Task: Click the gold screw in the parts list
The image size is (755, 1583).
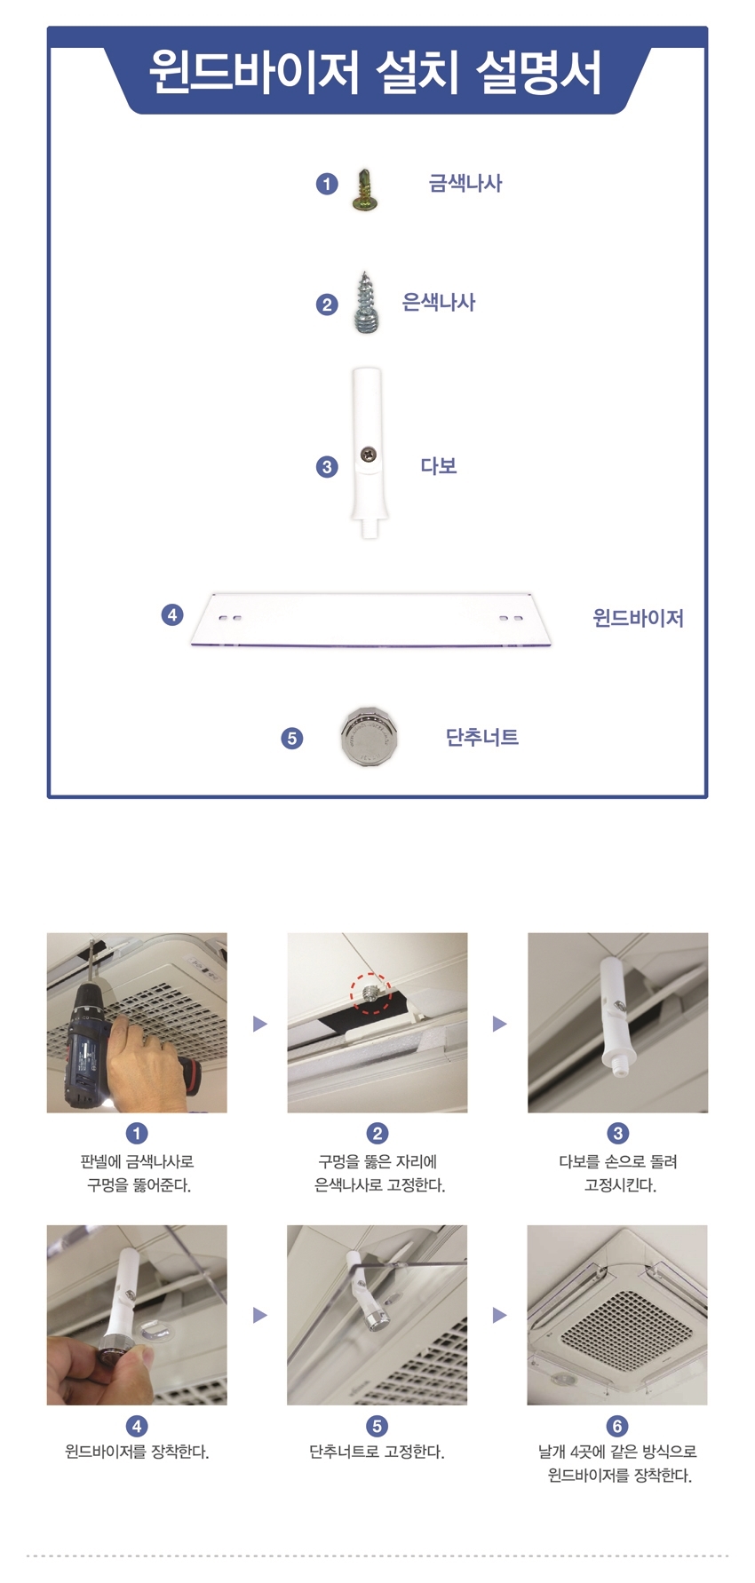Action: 365,190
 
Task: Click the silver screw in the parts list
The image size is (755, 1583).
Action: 366,303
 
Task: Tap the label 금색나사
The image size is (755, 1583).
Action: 465,184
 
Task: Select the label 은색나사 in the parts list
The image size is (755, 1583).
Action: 439,303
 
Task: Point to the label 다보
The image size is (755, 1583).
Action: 439,466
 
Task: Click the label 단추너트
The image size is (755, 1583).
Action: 482,737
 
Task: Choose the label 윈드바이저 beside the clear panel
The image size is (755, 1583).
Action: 639,618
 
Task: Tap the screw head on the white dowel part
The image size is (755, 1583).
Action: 368,455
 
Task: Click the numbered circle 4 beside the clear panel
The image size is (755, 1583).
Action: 172,614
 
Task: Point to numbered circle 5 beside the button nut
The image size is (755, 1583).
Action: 291,738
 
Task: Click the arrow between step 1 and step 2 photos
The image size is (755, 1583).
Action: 259,1024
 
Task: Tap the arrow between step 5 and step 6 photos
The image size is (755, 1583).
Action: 499,1315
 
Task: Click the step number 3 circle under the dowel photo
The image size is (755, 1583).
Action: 618,1133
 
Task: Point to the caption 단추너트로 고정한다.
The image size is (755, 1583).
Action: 377,1452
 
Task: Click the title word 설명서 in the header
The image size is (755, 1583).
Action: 539,72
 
